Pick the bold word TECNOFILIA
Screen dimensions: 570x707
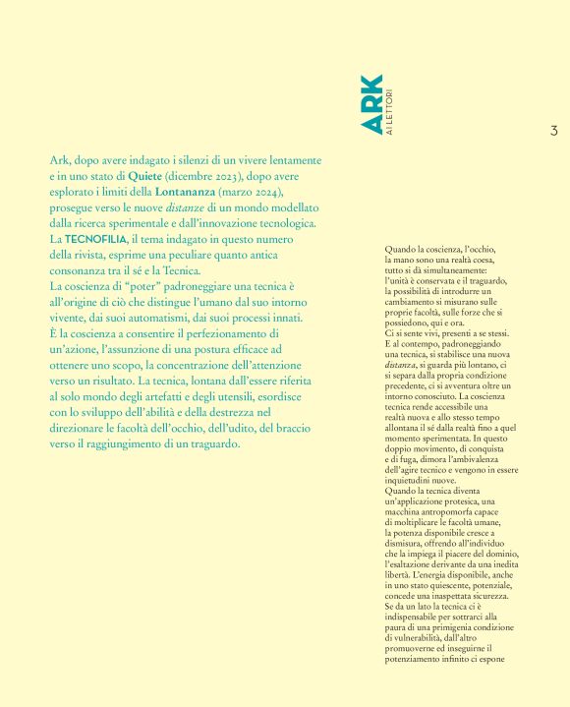coord(96,239)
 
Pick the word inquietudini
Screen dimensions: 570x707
coord(415,482)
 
